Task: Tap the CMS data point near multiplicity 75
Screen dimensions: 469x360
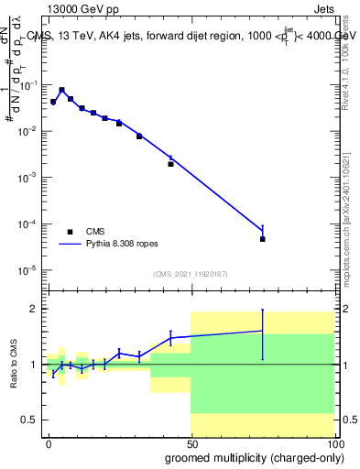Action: pyautogui.click(x=263, y=239)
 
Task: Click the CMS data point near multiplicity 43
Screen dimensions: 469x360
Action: pyautogui.click(x=170, y=164)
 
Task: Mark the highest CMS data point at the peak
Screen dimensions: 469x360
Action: pyautogui.click(x=61, y=91)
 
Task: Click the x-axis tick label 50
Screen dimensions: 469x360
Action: pyautogui.click(x=191, y=442)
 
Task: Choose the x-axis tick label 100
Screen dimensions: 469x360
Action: pyautogui.click(x=333, y=442)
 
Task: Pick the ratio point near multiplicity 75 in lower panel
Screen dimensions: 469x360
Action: pyautogui.click(x=263, y=331)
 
